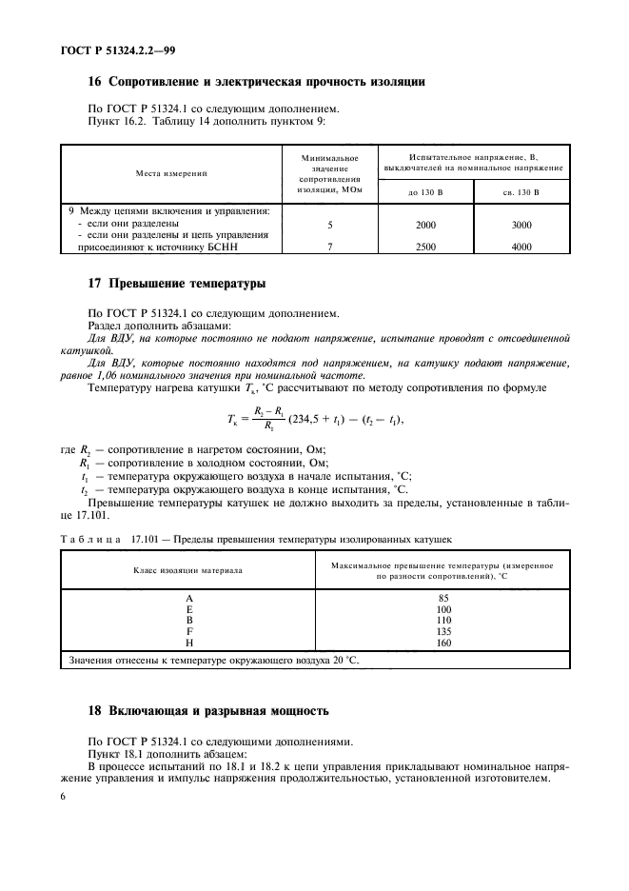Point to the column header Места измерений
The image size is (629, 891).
coord(170,173)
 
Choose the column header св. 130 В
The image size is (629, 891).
coord(521,191)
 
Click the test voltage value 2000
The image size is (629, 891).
coord(426,226)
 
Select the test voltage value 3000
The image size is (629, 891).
coord(521,226)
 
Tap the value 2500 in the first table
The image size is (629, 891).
coord(426,247)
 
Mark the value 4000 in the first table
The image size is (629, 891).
coord(521,247)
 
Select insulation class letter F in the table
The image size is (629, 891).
coord(188,630)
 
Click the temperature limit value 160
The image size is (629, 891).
coord(442,642)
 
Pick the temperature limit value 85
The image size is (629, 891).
coord(442,597)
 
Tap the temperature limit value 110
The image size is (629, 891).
coord(442,620)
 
